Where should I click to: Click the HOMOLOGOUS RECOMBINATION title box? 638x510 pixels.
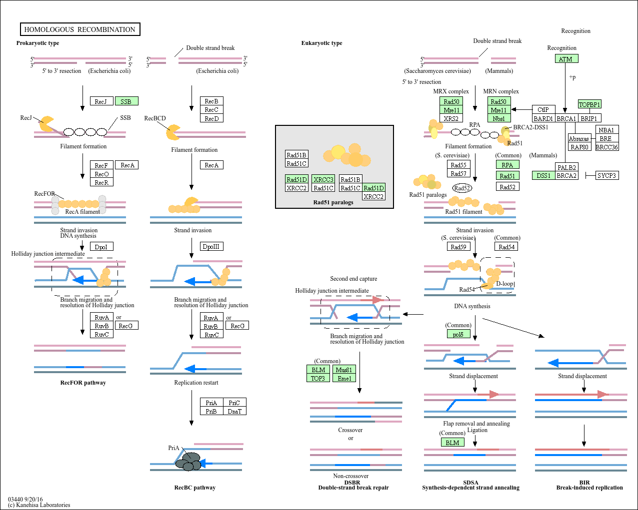80,29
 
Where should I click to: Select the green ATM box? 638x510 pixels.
566,59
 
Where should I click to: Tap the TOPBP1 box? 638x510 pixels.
589,104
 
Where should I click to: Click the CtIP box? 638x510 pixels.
543,109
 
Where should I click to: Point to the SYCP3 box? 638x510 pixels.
606,175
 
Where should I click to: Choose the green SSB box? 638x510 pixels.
126,101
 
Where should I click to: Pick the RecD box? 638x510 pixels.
211,118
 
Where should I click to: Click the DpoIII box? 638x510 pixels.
211,246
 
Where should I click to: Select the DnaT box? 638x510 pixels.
234,411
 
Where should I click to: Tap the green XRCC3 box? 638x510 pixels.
323,179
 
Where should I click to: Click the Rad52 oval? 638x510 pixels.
462,188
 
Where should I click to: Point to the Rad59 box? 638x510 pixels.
458,247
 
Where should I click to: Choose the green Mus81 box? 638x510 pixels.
344,370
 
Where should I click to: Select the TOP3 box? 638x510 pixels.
318,378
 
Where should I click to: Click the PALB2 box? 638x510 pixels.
566,167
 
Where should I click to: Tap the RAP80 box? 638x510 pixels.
579,147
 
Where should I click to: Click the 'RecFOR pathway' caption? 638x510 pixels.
83,383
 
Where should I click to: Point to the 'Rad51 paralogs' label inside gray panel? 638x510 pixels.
333,202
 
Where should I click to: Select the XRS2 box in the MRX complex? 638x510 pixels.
451,118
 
